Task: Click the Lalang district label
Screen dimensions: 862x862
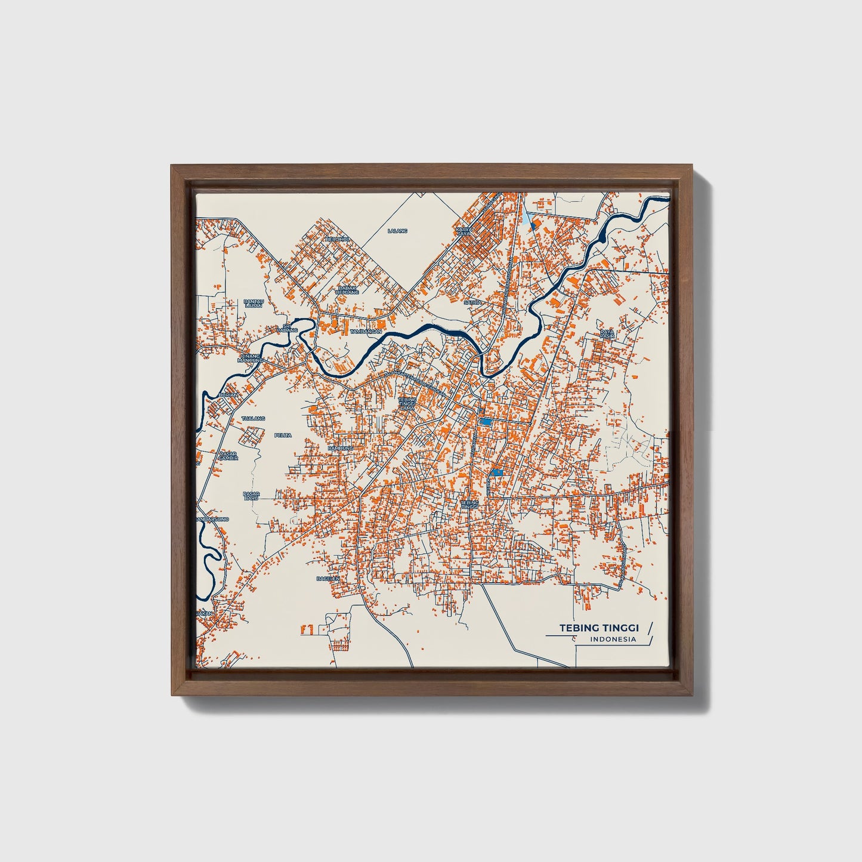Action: pyautogui.click(x=397, y=230)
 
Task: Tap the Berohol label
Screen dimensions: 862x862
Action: pyautogui.click(x=336, y=239)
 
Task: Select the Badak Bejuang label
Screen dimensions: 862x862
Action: pyautogui.click(x=347, y=290)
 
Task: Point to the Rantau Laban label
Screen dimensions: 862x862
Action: pyautogui.click(x=254, y=304)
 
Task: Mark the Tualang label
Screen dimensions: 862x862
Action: pyautogui.click(x=254, y=419)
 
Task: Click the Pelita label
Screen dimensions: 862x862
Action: pyautogui.click(x=283, y=435)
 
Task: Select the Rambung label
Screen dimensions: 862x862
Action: pyautogui.click(x=341, y=447)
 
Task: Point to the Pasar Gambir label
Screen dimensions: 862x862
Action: pyautogui.click(x=228, y=456)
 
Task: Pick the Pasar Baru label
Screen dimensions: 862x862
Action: pyautogui.click(x=251, y=495)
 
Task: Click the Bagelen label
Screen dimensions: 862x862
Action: pyautogui.click(x=328, y=578)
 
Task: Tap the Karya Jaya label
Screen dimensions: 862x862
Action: pyautogui.click(x=464, y=231)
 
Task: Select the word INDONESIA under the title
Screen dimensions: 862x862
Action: pyautogui.click(x=613, y=639)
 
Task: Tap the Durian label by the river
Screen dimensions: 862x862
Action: pyautogui.click(x=228, y=395)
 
